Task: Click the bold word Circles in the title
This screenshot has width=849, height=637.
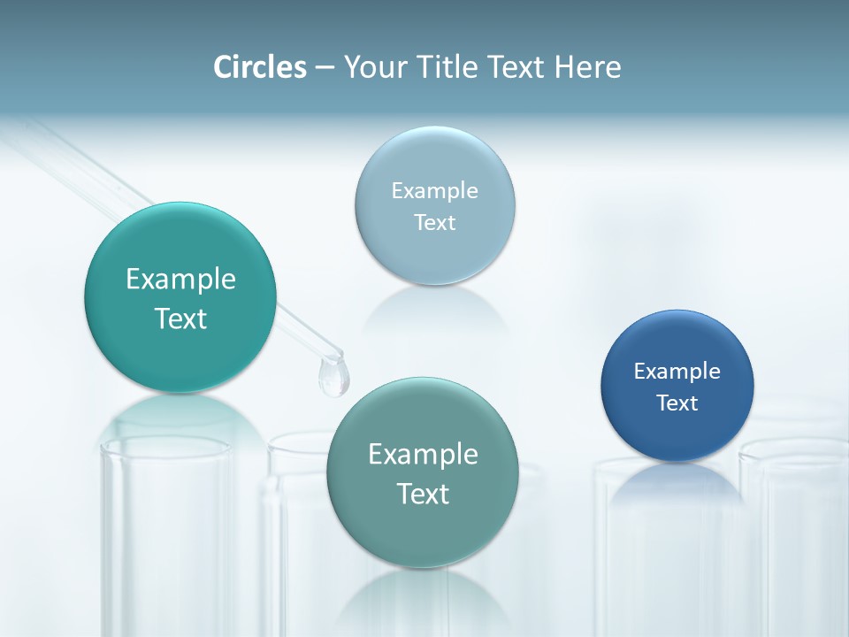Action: click(x=260, y=67)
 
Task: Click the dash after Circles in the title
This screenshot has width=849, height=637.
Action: click(x=325, y=68)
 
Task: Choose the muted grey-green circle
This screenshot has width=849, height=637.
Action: click(x=423, y=531)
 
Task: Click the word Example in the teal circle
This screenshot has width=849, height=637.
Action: click(x=180, y=280)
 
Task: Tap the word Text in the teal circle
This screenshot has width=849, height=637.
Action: click(x=180, y=318)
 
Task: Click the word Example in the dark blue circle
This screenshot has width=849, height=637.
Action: click(x=677, y=372)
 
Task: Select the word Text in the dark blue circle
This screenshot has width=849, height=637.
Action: click(x=677, y=403)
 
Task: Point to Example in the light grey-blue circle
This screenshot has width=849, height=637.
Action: click(x=434, y=191)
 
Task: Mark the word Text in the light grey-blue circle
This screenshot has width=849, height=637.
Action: click(x=434, y=223)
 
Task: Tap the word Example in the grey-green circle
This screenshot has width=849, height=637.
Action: click(x=423, y=455)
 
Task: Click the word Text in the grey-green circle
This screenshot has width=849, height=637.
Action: click(x=423, y=494)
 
